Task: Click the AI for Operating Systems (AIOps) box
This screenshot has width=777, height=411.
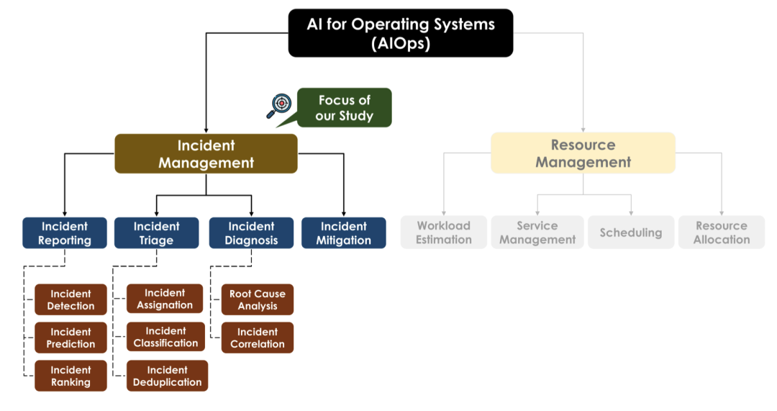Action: (x=401, y=33)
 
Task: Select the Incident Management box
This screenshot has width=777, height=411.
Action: (x=206, y=153)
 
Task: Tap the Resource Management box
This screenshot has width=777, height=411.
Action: (x=583, y=153)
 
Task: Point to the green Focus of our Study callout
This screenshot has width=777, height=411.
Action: (x=345, y=108)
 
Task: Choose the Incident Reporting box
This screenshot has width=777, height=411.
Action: (x=65, y=233)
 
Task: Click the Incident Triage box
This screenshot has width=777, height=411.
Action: (x=156, y=233)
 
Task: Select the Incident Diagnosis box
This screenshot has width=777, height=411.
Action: (x=251, y=233)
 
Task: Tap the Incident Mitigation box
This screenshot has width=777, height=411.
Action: (x=343, y=233)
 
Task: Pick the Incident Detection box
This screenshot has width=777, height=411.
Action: (x=71, y=299)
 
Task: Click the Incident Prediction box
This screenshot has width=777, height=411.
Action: (x=71, y=338)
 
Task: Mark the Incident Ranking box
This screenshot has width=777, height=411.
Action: (x=71, y=376)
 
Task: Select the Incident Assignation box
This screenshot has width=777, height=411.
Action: (x=165, y=299)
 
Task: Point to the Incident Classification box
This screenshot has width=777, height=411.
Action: (x=165, y=337)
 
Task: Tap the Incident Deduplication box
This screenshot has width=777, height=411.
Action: (x=167, y=376)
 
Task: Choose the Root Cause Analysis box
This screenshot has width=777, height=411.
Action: (x=257, y=299)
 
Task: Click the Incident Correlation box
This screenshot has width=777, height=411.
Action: (x=257, y=338)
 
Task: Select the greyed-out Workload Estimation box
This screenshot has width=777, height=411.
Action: (x=443, y=232)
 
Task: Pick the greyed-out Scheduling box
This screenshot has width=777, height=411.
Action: (x=631, y=232)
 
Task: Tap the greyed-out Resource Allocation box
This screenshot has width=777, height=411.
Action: (x=721, y=232)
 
